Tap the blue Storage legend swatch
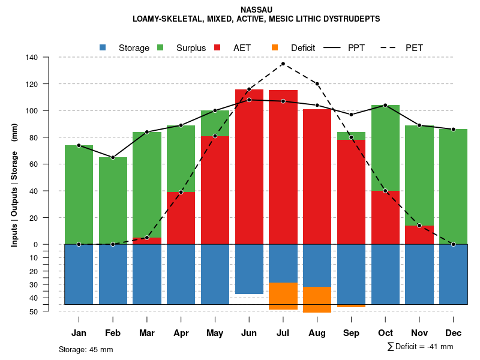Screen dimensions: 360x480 click(x=103, y=47)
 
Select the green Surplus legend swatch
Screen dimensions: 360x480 click(x=160, y=47)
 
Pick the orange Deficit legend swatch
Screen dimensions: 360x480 click(x=275, y=47)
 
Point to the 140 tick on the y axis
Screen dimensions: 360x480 click(x=31, y=58)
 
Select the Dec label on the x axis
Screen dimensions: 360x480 click(x=454, y=333)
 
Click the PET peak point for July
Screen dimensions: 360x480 click(x=283, y=64)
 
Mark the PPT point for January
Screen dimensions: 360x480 click(x=79, y=145)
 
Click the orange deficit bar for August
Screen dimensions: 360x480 click(x=317, y=299)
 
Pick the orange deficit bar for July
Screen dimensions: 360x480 click(x=283, y=296)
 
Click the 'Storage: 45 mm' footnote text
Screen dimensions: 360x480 click(x=86, y=349)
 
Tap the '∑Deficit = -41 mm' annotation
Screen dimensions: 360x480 click(x=420, y=346)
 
